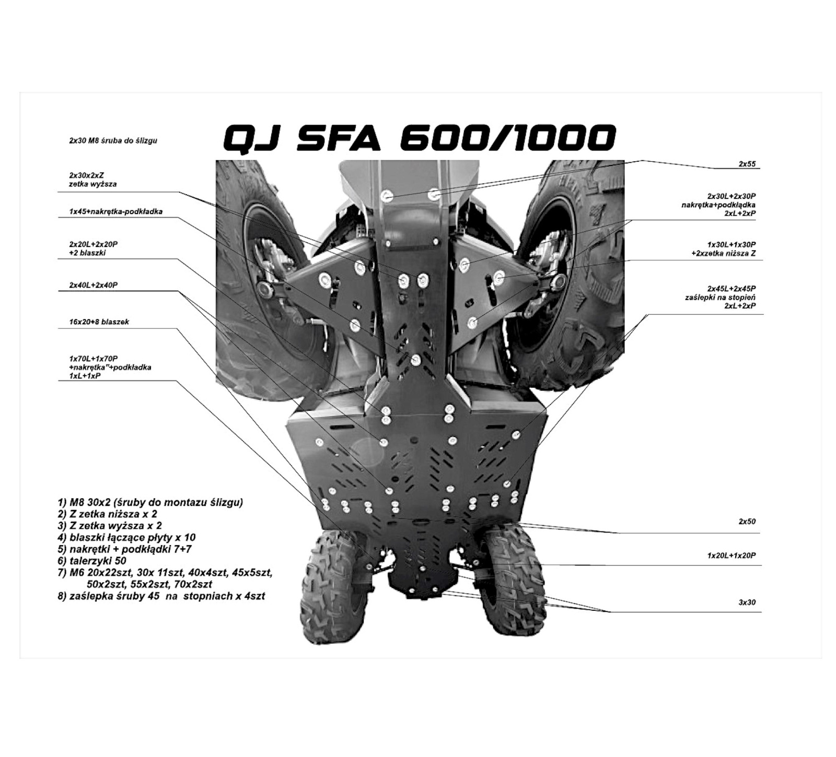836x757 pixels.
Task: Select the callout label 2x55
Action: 747,164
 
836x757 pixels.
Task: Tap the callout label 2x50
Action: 747,522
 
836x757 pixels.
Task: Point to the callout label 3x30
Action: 747,602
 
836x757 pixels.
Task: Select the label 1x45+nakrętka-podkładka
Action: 115,212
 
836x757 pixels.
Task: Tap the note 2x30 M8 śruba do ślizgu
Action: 113,140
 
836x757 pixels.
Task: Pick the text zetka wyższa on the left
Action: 92,184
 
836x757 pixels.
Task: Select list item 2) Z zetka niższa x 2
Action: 108,514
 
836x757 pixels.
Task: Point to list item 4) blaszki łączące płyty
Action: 127,537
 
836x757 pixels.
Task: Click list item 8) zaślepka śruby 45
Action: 161,596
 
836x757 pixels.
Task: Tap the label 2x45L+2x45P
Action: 731,288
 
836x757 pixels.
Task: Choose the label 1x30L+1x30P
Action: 731,244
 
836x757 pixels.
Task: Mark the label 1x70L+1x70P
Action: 94,359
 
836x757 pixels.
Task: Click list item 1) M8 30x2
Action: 150,502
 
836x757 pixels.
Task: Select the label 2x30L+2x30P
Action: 731,196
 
